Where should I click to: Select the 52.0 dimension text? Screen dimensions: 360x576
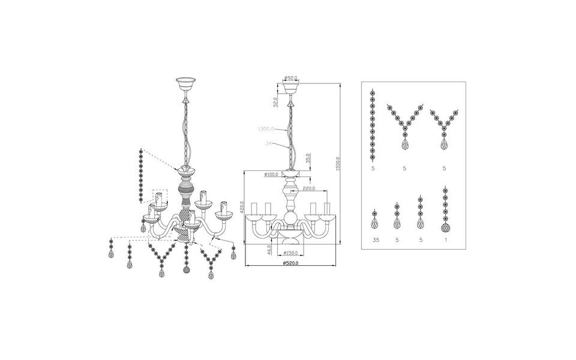(x=275, y=103)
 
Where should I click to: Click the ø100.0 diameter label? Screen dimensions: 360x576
(x=273, y=175)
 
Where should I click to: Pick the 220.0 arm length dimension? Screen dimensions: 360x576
(x=310, y=188)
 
